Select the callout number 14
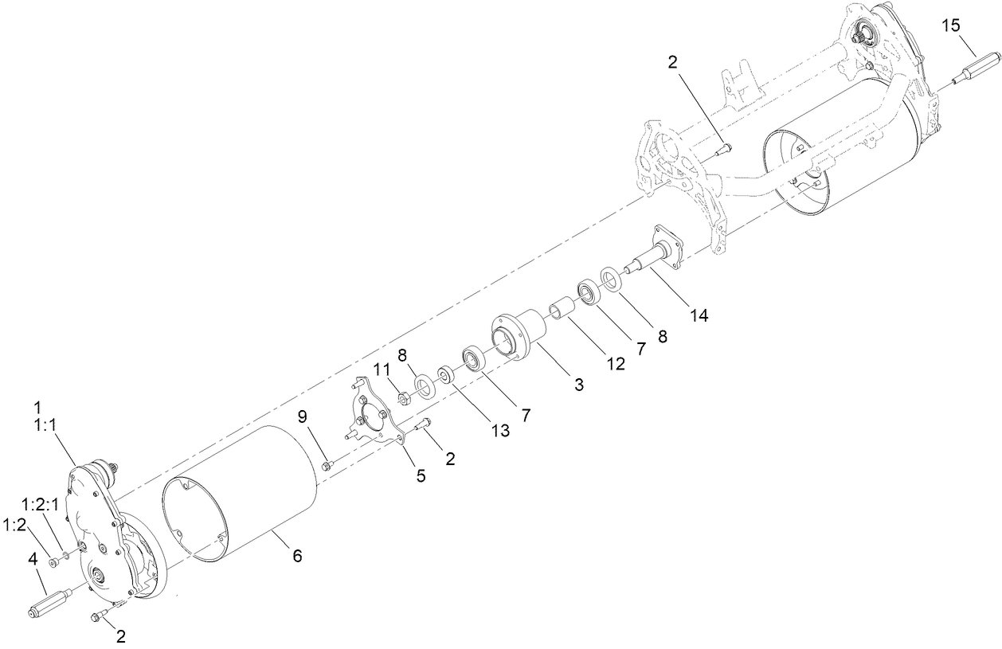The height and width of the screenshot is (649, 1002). click(x=699, y=315)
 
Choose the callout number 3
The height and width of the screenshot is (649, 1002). click(x=578, y=385)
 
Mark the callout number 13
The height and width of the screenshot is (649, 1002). click(x=499, y=431)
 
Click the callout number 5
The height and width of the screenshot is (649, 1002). click(x=420, y=475)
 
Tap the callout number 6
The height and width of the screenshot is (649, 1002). click(x=296, y=555)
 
